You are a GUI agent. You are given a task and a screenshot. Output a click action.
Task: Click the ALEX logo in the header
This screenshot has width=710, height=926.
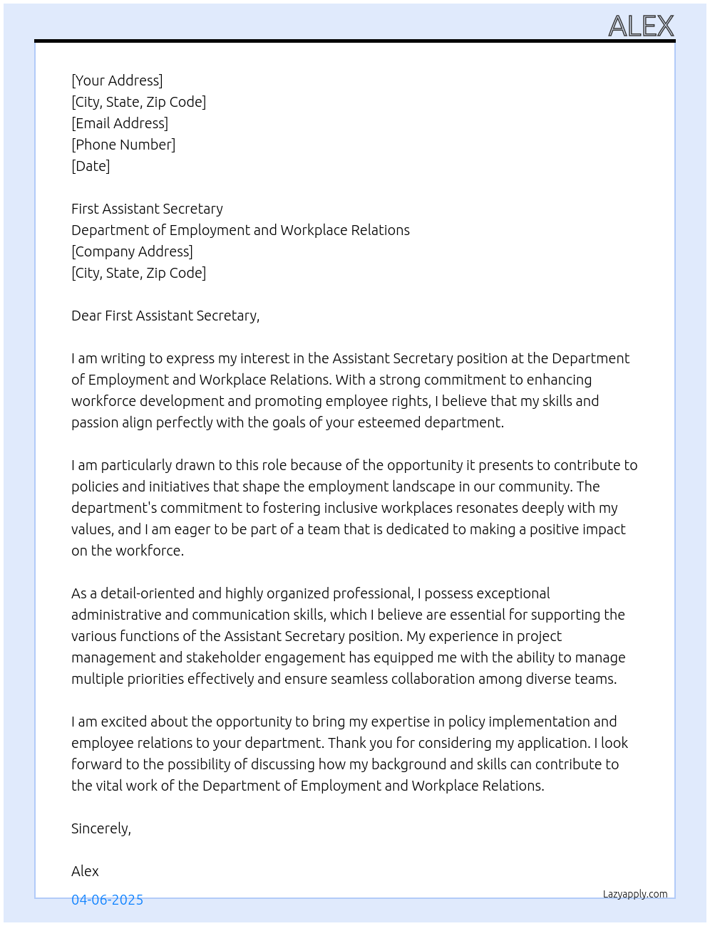[x=641, y=26]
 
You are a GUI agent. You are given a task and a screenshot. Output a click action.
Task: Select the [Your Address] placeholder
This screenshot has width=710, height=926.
[x=117, y=80]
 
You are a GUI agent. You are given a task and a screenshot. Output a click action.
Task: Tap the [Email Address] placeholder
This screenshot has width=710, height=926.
[x=120, y=123]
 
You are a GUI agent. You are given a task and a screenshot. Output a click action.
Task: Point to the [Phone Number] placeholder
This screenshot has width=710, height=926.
[x=123, y=145]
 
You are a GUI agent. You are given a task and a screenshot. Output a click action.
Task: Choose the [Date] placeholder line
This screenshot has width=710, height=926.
[x=91, y=166]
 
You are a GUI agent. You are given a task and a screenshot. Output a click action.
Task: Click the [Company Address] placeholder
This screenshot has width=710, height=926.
[x=132, y=251]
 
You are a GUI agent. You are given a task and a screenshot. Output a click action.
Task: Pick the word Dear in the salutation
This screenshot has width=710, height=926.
[x=86, y=316]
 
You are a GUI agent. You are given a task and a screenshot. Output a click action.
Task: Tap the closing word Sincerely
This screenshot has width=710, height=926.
[x=101, y=828]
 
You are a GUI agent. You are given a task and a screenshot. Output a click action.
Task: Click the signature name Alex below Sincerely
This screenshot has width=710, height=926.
[x=85, y=871]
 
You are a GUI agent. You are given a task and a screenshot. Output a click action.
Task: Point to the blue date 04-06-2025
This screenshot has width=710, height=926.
[x=107, y=900]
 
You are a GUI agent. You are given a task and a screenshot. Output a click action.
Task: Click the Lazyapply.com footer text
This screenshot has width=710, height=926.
[x=635, y=894]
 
